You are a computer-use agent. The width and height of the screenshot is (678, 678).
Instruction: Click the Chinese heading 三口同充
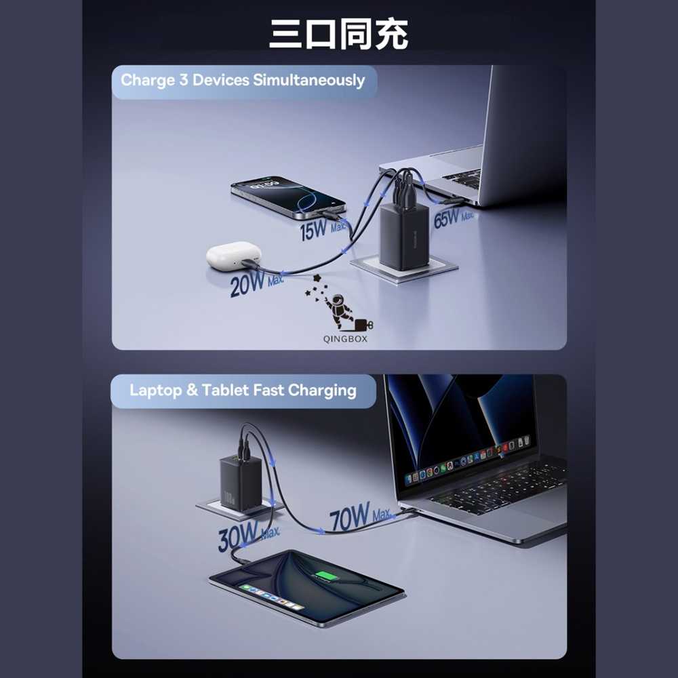point(338,33)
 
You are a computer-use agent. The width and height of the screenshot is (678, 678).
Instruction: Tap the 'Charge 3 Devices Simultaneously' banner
point(243,81)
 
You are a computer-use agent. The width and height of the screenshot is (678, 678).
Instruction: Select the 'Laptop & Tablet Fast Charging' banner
point(243,391)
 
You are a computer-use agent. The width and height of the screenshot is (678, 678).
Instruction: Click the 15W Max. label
point(323,229)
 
